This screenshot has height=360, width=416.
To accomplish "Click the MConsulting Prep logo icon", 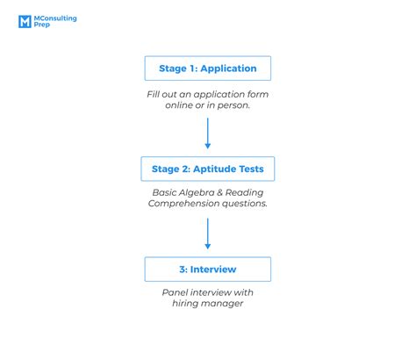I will click(x=25, y=21).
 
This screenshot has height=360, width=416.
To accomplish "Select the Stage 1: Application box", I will click(x=207, y=68).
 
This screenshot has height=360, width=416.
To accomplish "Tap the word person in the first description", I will click(x=233, y=105).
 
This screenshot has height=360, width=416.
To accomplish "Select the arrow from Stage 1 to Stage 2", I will click(x=208, y=133).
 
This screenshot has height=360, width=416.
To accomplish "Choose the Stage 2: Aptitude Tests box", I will click(x=207, y=169).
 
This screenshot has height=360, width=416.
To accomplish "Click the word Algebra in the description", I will click(x=198, y=193).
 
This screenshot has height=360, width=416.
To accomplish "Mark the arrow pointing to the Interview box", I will click(x=208, y=234).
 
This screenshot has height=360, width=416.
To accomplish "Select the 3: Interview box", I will click(x=207, y=269).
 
